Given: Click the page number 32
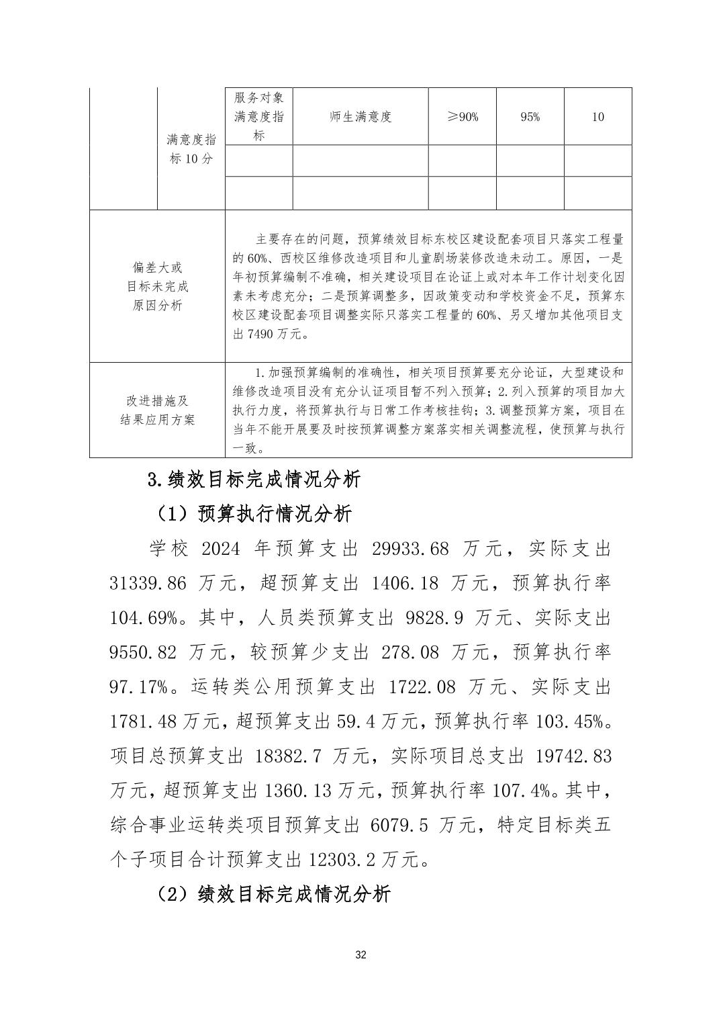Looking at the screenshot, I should click(x=360, y=955).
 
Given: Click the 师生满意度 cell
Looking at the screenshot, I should click(x=360, y=117).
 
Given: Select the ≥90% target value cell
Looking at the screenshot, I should click(x=463, y=117).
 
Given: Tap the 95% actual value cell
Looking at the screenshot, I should click(x=530, y=117).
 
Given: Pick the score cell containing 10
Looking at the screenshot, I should click(x=597, y=117).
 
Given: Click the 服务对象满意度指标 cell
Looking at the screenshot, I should click(x=258, y=117).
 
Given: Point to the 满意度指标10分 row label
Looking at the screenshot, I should click(x=191, y=149).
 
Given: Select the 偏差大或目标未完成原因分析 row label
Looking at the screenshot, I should click(x=157, y=286).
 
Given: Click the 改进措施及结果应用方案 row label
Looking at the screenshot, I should click(x=157, y=410).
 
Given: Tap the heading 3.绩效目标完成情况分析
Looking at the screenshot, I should click(x=254, y=479).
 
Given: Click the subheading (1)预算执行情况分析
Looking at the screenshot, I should click(x=253, y=515).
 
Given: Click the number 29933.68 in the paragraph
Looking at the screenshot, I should click(x=409, y=549).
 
